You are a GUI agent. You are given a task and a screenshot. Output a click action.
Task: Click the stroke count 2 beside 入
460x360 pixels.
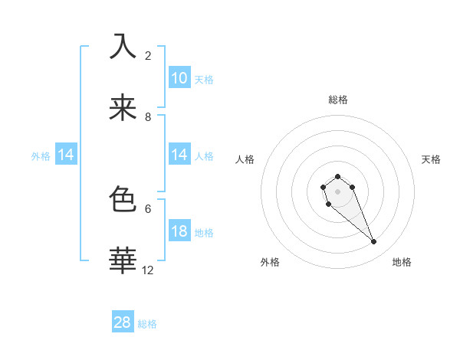[148, 56]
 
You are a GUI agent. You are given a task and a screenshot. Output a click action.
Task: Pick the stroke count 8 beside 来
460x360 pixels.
[148, 117]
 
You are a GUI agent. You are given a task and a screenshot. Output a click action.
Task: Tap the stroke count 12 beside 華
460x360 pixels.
[148, 270]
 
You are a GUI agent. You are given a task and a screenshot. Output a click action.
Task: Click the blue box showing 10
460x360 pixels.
[179, 78]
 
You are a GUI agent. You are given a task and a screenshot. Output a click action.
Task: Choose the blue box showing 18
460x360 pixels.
[179, 232]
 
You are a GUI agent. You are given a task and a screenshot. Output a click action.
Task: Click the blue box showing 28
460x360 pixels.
[123, 322]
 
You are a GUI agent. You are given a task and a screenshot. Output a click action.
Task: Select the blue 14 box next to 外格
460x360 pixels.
[66, 155]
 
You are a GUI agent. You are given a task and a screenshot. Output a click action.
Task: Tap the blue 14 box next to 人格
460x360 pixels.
[179, 155]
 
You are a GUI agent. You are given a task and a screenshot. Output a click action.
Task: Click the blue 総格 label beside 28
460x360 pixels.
[147, 324]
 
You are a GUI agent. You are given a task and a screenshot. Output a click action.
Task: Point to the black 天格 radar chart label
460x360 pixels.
[431, 159]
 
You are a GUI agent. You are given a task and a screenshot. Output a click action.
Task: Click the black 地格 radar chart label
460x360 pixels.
[402, 263]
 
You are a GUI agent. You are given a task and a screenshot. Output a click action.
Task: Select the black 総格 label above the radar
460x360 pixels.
[337, 100]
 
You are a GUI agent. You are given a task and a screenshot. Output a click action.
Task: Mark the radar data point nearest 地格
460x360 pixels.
[374, 242]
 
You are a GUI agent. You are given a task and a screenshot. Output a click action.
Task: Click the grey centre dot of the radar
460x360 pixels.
[337, 191]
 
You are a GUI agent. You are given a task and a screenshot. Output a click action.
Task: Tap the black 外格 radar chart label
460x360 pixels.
[270, 263]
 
